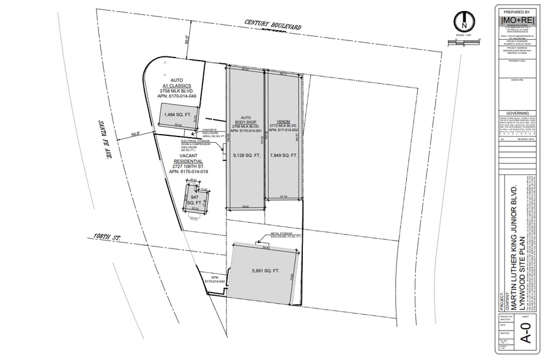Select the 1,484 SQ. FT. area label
click(177, 114)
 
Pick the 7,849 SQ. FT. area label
click(283, 156)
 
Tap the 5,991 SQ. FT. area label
click(265, 271)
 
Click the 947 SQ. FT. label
click(195, 198)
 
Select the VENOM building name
click(283, 121)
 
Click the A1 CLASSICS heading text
click(177, 86)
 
